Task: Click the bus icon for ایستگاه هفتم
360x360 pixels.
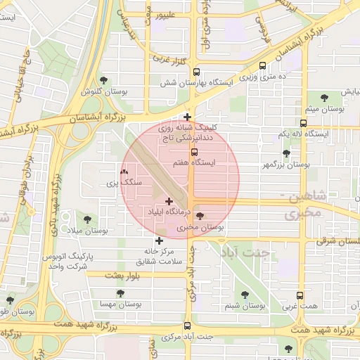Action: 195,152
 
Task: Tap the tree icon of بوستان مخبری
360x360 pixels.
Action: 200,217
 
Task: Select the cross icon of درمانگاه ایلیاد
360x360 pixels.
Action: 169,202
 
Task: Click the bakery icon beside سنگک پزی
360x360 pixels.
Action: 124,172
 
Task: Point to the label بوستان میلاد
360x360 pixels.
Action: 91,231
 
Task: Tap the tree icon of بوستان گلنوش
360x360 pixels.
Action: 105,81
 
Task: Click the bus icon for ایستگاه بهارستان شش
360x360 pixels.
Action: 197,71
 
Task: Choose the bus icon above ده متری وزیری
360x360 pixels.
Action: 262,66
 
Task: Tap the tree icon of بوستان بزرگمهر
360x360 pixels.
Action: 285,153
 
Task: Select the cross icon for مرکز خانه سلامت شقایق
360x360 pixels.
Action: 159,240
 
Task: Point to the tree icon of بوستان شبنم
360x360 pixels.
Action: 245,295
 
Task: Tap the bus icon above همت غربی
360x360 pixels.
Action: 301,296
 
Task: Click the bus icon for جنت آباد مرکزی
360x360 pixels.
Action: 187,326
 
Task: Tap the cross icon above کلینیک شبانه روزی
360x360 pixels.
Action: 187,117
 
